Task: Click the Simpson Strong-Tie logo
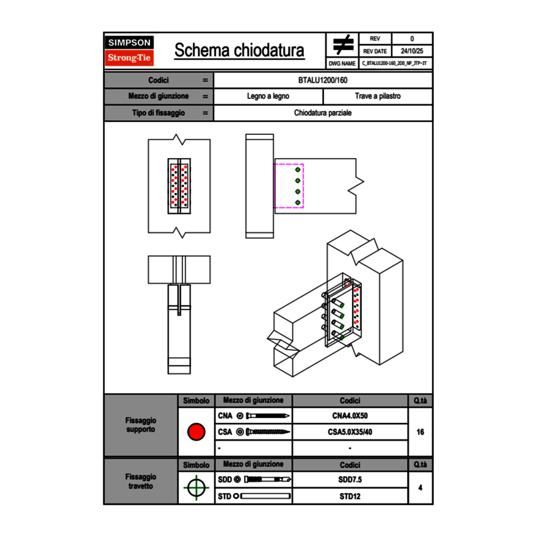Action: pos(130,51)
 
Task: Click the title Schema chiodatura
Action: pos(239,51)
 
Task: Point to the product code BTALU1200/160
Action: pos(323,81)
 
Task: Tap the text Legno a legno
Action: pos(268,96)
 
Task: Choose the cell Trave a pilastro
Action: pos(378,96)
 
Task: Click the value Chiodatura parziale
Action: pos(323,113)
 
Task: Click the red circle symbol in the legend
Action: pos(196,432)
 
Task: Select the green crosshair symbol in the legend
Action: pos(196,488)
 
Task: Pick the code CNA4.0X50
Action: pos(350,416)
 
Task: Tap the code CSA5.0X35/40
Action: pos(350,432)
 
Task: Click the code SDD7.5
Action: pos(350,480)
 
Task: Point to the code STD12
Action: pos(350,496)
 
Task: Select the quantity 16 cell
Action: pos(420,432)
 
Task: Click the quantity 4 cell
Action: pos(420,488)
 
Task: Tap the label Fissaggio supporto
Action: pos(140,425)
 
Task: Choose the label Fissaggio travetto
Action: pos(140,481)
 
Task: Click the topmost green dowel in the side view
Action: pos(298,169)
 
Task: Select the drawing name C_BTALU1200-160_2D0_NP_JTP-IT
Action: pos(395,63)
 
